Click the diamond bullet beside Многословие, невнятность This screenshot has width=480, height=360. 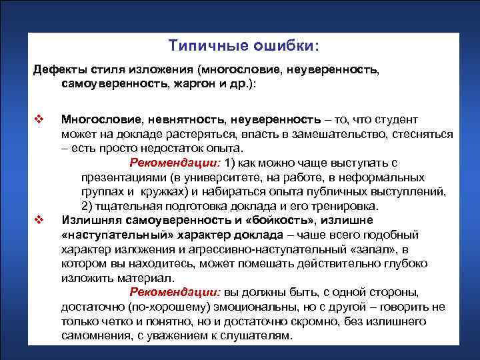coord(39,120)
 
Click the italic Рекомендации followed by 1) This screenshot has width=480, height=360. coord(175,163)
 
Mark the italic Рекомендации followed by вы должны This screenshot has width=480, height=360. coord(175,293)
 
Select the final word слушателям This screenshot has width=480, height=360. coord(257,336)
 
